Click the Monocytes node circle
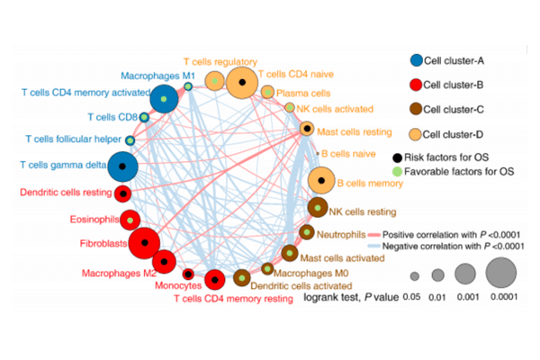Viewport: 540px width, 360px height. (x=188, y=273)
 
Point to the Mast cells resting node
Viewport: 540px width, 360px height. (x=307, y=129)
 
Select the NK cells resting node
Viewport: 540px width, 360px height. (x=318, y=210)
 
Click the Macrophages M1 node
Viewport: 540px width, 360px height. (x=188, y=86)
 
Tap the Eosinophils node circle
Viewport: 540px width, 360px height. (x=130, y=219)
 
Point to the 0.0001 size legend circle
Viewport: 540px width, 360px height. (x=501, y=274)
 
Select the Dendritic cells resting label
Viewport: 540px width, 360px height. (x=63, y=193)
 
